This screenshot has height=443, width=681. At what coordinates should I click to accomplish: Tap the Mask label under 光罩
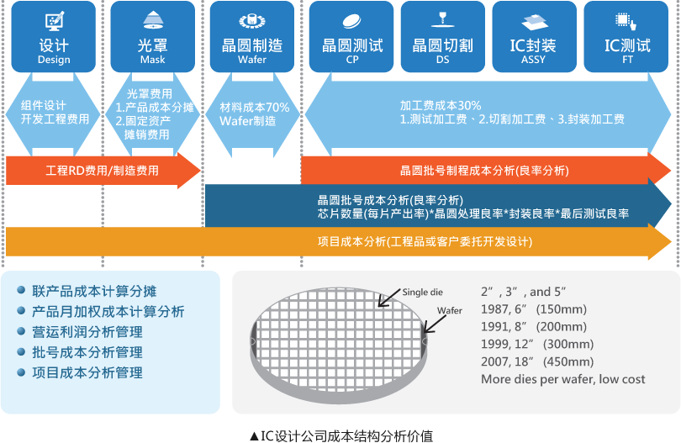[152, 60]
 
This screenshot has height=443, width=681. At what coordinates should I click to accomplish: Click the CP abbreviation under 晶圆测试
[352, 60]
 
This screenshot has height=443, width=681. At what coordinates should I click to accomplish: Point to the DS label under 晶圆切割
[442, 60]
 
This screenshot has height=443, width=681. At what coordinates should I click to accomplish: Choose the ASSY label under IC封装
[533, 60]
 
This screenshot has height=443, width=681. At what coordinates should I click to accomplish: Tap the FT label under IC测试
[627, 60]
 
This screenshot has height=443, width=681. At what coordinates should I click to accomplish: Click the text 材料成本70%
[254, 108]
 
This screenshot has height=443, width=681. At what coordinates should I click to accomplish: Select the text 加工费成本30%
[441, 106]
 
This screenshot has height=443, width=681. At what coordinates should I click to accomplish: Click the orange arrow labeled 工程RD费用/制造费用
[102, 171]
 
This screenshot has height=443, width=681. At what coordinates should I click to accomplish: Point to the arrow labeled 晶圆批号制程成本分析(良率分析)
[484, 171]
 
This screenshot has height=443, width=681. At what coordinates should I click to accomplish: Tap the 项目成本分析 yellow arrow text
[425, 242]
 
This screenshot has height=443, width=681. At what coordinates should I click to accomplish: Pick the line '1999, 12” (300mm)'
[537, 344]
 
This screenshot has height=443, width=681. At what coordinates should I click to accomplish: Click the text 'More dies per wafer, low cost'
[562, 379]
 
